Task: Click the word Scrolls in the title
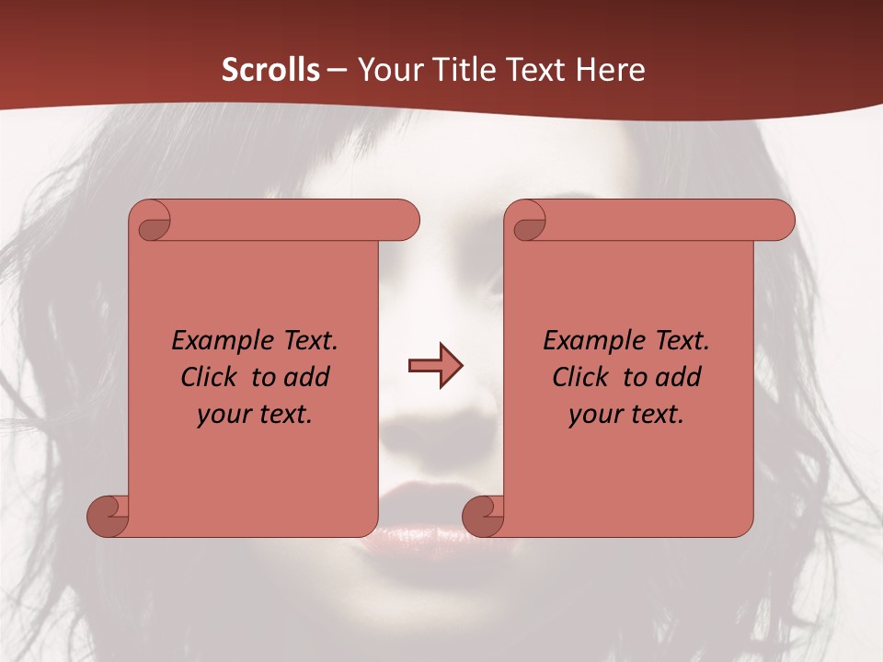(270, 70)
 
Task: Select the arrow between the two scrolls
(435, 366)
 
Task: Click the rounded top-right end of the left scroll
(405, 221)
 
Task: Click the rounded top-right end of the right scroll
(780, 221)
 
